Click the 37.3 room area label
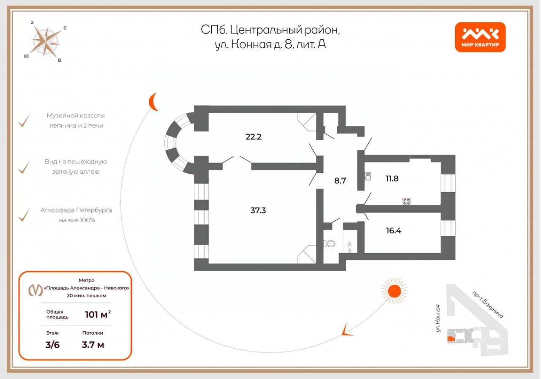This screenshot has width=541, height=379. click(258, 210)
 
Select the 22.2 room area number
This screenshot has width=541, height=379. click(254, 137)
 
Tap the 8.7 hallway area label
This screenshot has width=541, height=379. click(340, 180)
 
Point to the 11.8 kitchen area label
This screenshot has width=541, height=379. click(392, 178)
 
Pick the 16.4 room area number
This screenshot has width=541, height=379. click(393, 231)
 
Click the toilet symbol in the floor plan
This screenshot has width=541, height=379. click(329, 243)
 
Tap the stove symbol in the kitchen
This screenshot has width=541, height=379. click(407, 201)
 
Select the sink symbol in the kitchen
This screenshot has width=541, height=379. click(368, 176)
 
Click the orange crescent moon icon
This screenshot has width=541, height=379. click(153, 102)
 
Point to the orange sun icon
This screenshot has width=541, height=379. click(394, 291)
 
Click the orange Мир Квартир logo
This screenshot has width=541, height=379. click(480, 37)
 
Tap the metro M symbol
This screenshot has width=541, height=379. click(36, 290)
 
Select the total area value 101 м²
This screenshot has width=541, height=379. click(98, 314)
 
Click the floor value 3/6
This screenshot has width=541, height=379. click(52, 345)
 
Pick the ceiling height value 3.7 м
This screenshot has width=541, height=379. click(93, 345)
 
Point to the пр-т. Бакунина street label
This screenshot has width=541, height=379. click(488, 305)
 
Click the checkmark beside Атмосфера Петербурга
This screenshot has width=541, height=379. click(24, 215)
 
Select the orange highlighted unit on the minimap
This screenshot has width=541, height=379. click(451, 339)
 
